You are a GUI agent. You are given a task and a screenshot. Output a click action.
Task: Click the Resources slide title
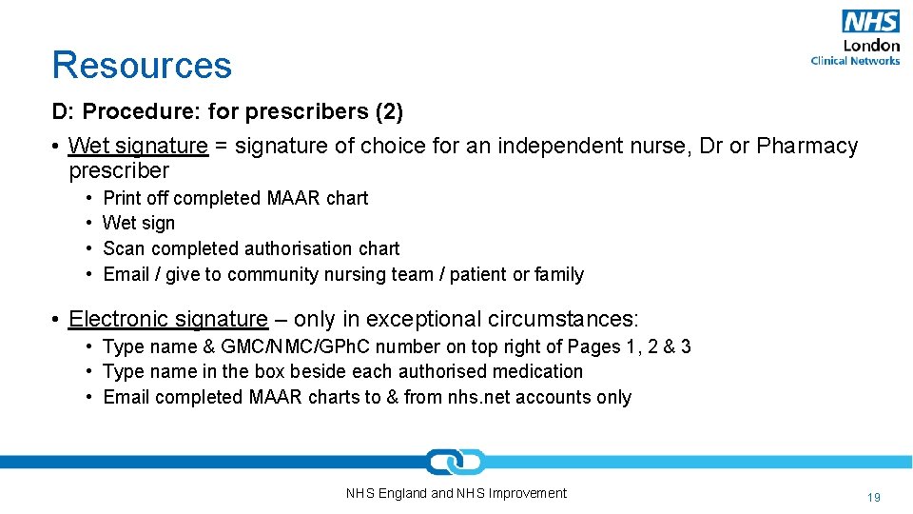[x=142, y=65]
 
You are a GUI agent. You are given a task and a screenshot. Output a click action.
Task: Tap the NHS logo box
[x=869, y=21]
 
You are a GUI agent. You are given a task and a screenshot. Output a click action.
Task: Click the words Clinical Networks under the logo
[x=855, y=61]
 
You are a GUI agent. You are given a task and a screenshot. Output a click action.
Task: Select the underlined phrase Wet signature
[x=138, y=146]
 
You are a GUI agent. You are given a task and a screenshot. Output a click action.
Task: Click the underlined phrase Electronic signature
[x=168, y=319]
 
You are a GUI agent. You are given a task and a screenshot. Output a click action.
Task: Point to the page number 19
[x=873, y=497]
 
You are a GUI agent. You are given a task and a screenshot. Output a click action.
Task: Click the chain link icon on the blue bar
[x=456, y=463]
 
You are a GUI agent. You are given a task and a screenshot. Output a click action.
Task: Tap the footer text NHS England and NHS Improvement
[x=456, y=493]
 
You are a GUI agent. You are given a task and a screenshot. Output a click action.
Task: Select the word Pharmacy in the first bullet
[x=807, y=146]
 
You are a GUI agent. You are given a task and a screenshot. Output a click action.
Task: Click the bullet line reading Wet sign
[x=139, y=223]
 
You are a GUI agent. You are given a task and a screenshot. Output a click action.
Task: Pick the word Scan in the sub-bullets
[x=124, y=248]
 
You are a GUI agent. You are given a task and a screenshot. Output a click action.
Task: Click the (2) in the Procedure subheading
[x=389, y=111]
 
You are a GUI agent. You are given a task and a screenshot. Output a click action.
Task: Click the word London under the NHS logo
[x=871, y=45]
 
